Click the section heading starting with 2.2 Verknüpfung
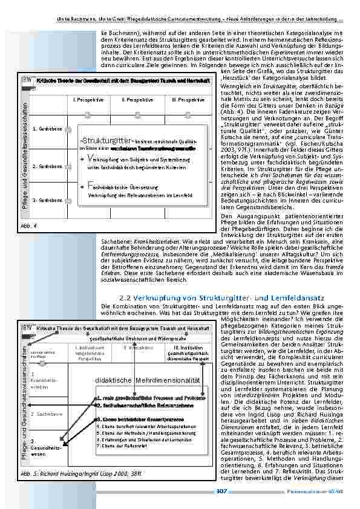coord(223,298)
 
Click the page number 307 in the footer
coord(221,491)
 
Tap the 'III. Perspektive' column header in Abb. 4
coord(188,99)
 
